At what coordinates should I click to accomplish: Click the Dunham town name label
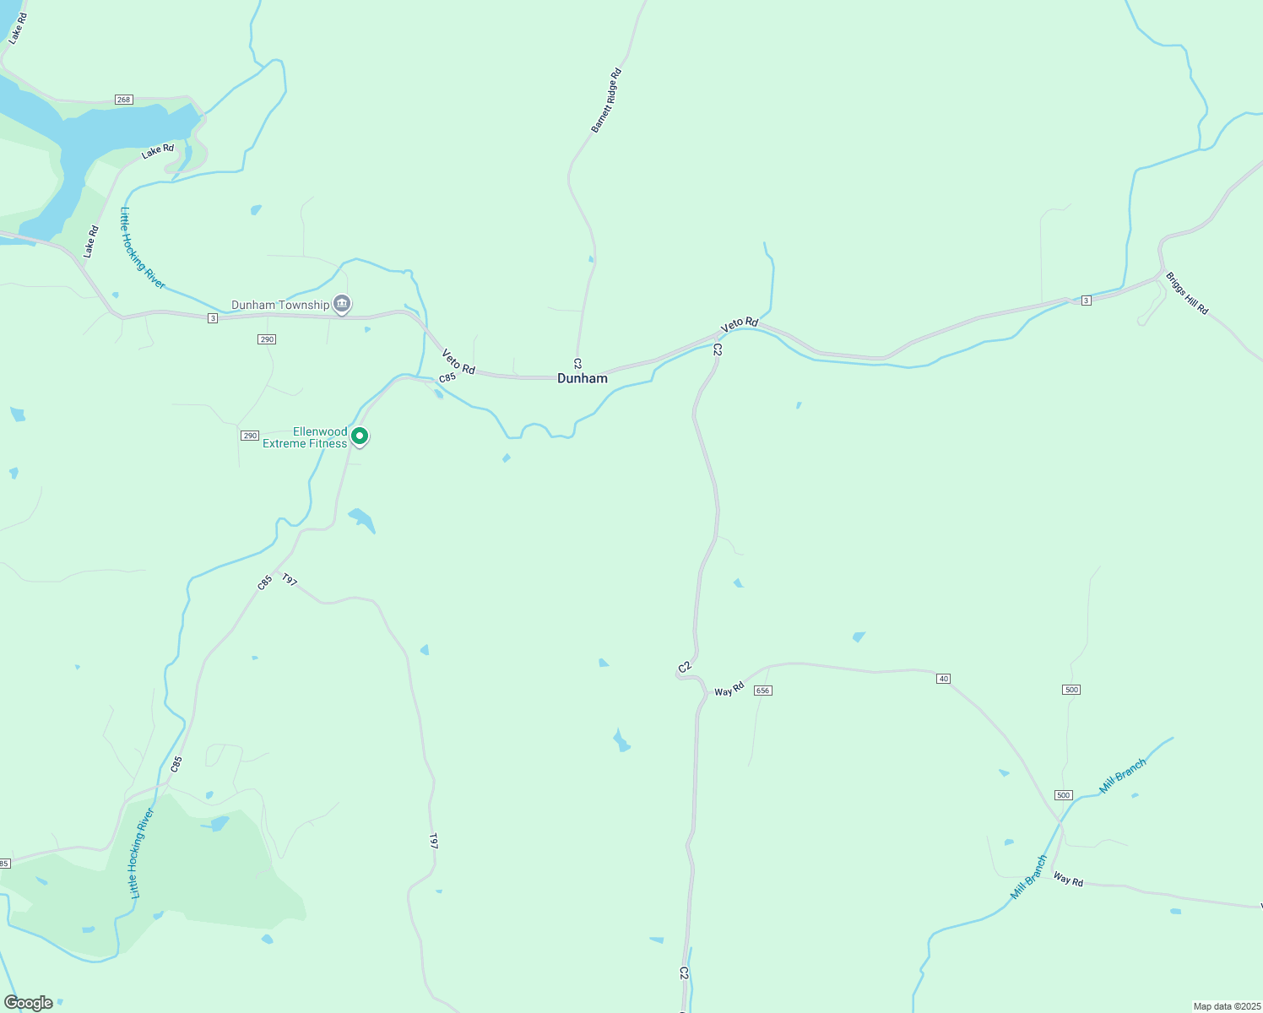click(x=582, y=378)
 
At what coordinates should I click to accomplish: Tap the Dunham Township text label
click(x=280, y=305)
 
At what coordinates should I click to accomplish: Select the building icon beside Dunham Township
click(x=342, y=303)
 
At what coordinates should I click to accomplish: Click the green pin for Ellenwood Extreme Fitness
click(x=360, y=436)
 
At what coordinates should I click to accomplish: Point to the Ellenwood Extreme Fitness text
click(x=305, y=437)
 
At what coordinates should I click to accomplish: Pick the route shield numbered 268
click(x=124, y=100)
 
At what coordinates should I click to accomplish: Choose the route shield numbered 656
click(x=763, y=691)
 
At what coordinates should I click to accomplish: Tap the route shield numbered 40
click(x=944, y=679)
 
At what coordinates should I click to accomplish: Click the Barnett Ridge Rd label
click(x=605, y=100)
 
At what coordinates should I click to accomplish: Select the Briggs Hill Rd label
click(x=1187, y=293)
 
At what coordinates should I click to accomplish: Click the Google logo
click(x=29, y=1003)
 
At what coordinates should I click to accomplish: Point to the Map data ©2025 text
click(x=1226, y=1006)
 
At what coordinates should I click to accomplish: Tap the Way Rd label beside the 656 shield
click(x=729, y=689)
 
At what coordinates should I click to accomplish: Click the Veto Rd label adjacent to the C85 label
click(x=458, y=362)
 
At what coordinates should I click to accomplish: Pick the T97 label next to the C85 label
click(x=290, y=580)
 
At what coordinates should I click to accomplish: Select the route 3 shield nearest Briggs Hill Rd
click(x=1087, y=301)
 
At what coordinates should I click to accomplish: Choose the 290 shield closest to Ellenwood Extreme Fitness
click(x=250, y=436)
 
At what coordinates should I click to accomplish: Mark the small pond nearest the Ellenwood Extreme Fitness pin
click(x=361, y=519)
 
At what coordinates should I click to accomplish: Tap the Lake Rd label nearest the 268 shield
click(x=158, y=150)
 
